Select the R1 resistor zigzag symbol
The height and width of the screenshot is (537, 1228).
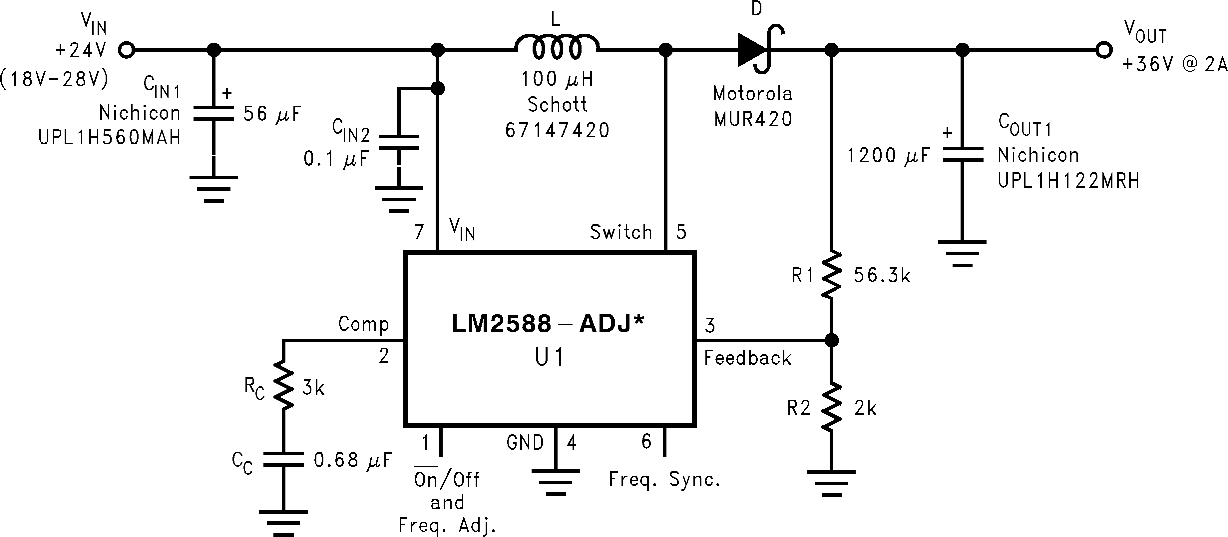(831, 275)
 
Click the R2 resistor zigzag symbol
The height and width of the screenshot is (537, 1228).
(831, 408)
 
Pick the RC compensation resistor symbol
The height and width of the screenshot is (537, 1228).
(283, 386)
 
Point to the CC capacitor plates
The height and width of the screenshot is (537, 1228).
(283, 460)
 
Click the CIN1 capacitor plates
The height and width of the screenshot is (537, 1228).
(213, 114)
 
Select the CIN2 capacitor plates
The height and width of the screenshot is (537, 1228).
(399, 142)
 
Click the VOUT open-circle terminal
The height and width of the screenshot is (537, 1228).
(1103, 50)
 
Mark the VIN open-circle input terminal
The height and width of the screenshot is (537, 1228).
(126, 50)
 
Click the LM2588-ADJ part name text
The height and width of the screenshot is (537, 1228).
(547, 324)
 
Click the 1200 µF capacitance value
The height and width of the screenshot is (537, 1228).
(888, 155)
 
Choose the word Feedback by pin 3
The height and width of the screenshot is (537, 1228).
(747, 358)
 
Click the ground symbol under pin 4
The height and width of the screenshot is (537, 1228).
(555, 482)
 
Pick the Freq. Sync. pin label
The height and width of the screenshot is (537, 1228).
(664, 480)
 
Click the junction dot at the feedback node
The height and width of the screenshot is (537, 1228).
(831, 340)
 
